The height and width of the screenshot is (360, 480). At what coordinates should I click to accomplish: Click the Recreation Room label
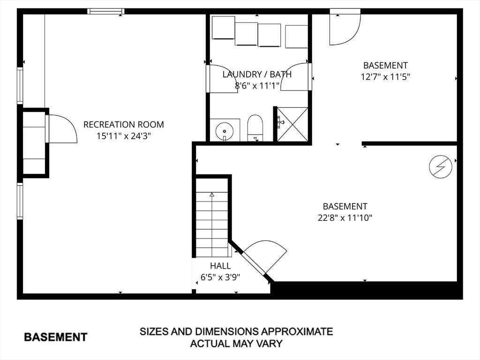tap(124, 125)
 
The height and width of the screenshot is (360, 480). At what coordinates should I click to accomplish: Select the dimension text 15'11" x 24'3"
tap(124, 136)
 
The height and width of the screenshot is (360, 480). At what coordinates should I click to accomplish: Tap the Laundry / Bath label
tap(257, 75)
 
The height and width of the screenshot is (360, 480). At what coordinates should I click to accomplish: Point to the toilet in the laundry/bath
tap(255, 128)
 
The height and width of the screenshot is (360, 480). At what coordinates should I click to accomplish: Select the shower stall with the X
tap(292, 124)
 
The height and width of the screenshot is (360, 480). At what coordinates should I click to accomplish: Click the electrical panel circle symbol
tap(441, 167)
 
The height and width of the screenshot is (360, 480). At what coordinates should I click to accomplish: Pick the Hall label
tap(220, 266)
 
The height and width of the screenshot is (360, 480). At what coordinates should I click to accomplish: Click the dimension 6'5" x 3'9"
tap(220, 277)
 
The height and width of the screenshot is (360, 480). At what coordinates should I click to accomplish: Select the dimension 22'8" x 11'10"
tap(345, 218)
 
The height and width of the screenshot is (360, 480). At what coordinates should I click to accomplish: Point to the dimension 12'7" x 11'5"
tap(385, 76)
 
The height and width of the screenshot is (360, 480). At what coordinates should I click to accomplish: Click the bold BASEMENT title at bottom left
tap(55, 337)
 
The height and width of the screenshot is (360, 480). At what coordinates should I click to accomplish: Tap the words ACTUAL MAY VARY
tap(236, 344)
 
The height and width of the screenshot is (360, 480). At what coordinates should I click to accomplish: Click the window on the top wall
tap(106, 11)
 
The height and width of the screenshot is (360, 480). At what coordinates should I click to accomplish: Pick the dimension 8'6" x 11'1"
tap(257, 85)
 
